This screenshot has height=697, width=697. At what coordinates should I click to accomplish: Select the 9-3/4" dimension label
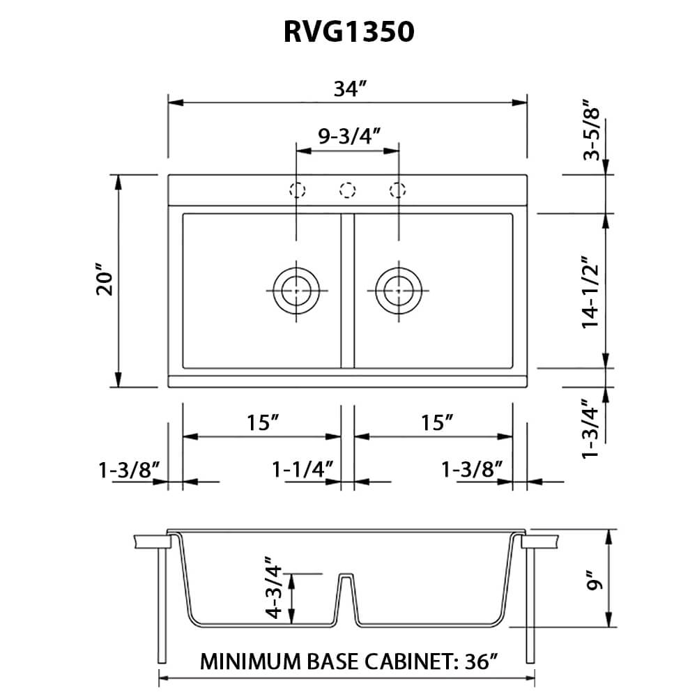point(348,137)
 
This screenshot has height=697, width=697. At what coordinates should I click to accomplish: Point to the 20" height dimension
point(105,281)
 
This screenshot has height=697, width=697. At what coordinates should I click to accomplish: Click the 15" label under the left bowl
point(262,422)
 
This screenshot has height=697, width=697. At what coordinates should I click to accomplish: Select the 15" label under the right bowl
point(438,422)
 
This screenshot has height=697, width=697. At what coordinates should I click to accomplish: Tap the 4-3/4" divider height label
point(273,588)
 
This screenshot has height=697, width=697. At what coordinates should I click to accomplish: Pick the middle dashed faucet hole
point(348,190)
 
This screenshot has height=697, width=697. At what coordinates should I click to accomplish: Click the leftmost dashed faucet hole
point(298,190)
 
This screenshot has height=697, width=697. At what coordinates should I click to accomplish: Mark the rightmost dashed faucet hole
point(398,190)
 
